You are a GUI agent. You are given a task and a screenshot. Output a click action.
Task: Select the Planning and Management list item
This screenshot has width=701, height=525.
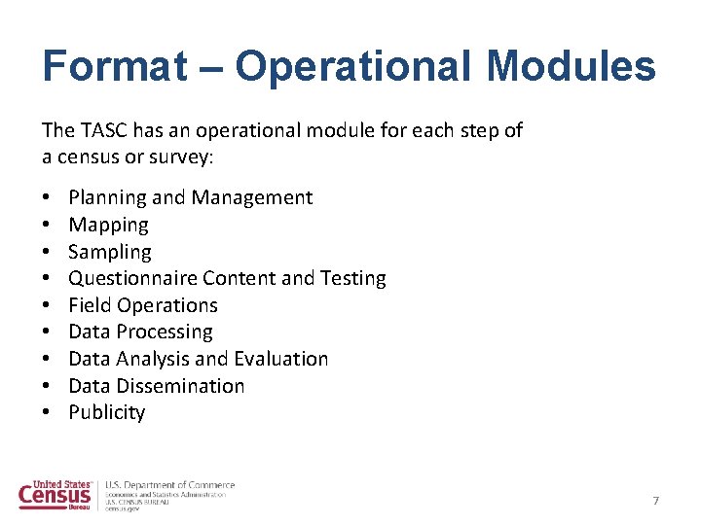point(191,198)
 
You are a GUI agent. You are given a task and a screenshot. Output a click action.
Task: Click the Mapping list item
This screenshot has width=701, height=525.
point(108,226)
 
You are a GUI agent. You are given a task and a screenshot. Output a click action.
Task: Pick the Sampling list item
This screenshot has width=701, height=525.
point(110,253)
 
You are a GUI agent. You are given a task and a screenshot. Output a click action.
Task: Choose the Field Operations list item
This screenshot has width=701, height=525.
point(143,305)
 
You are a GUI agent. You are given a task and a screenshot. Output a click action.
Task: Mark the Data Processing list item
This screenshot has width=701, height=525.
point(140,332)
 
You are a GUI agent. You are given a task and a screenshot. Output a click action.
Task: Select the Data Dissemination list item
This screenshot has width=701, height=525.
point(157,386)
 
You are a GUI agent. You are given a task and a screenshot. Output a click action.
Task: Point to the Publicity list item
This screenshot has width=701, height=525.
point(107,412)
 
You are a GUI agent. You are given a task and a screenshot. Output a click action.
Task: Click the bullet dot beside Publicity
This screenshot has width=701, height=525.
point(47,413)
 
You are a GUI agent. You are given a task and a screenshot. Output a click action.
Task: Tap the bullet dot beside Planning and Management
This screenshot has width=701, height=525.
point(47,198)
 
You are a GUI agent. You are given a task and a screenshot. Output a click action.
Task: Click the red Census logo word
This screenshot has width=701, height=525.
point(55,496)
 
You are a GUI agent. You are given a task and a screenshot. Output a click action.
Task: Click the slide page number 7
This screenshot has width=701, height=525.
point(655,501)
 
